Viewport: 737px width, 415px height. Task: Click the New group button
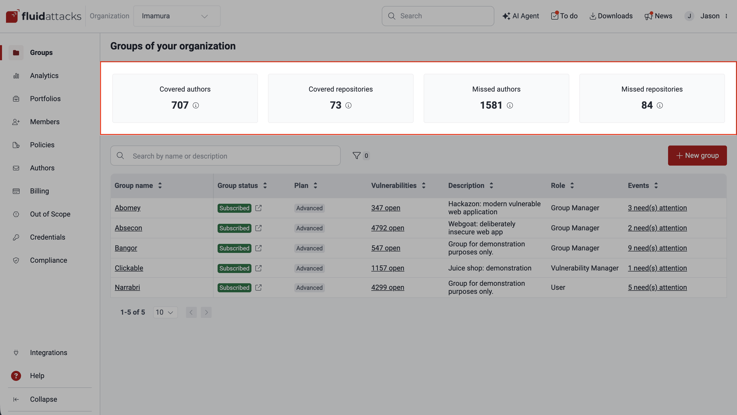pyautogui.click(x=697, y=156)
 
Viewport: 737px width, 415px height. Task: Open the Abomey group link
pyautogui.click(x=128, y=208)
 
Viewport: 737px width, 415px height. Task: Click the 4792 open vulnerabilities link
pyautogui.click(x=387, y=228)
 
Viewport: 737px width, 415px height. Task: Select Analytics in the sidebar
pyautogui.click(x=44, y=76)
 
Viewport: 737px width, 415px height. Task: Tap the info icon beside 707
pyautogui.click(x=196, y=105)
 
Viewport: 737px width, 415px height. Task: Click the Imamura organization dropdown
pyautogui.click(x=177, y=16)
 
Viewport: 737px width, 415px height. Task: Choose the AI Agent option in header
pyautogui.click(x=521, y=16)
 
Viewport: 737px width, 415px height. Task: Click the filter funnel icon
pyautogui.click(x=356, y=156)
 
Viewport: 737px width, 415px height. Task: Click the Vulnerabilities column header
pyautogui.click(x=394, y=186)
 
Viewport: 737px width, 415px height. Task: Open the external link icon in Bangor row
pyautogui.click(x=258, y=248)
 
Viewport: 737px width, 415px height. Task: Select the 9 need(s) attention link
pyautogui.click(x=657, y=248)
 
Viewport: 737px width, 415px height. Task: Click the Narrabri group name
pyautogui.click(x=127, y=287)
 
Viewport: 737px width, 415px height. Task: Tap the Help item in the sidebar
pyautogui.click(x=37, y=375)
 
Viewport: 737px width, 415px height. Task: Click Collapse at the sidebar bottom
pyautogui.click(x=43, y=399)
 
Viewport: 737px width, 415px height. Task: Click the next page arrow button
pyautogui.click(x=206, y=312)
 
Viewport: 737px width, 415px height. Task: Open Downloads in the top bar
pyautogui.click(x=611, y=16)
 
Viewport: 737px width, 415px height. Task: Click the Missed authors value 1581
pyautogui.click(x=491, y=105)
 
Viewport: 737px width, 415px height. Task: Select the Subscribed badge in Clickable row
pyautogui.click(x=234, y=268)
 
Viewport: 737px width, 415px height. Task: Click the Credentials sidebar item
pyautogui.click(x=47, y=237)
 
